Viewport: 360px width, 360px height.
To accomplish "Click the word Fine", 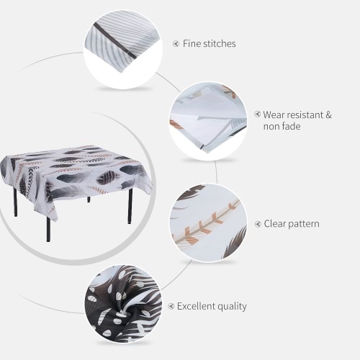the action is pyautogui.click(x=192, y=43).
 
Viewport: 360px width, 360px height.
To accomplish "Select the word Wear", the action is pyautogui.click(x=274, y=114).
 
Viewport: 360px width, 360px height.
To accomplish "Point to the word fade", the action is pyautogui.click(x=290, y=126).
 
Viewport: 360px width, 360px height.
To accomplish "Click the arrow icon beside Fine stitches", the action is pyautogui.click(x=176, y=44).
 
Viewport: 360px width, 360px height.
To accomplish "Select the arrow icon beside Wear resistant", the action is pyautogui.click(x=257, y=114).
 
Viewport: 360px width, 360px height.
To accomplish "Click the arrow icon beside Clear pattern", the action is pyautogui.click(x=258, y=224).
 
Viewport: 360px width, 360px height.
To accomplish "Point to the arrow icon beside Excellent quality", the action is pyautogui.click(x=171, y=306).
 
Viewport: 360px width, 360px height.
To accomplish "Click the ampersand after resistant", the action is pyautogui.click(x=328, y=114).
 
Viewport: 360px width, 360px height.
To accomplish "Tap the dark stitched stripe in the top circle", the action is pyautogui.click(x=114, y=40).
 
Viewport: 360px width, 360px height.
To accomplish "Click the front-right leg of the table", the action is pyautogui.click(x=130, y=206).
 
